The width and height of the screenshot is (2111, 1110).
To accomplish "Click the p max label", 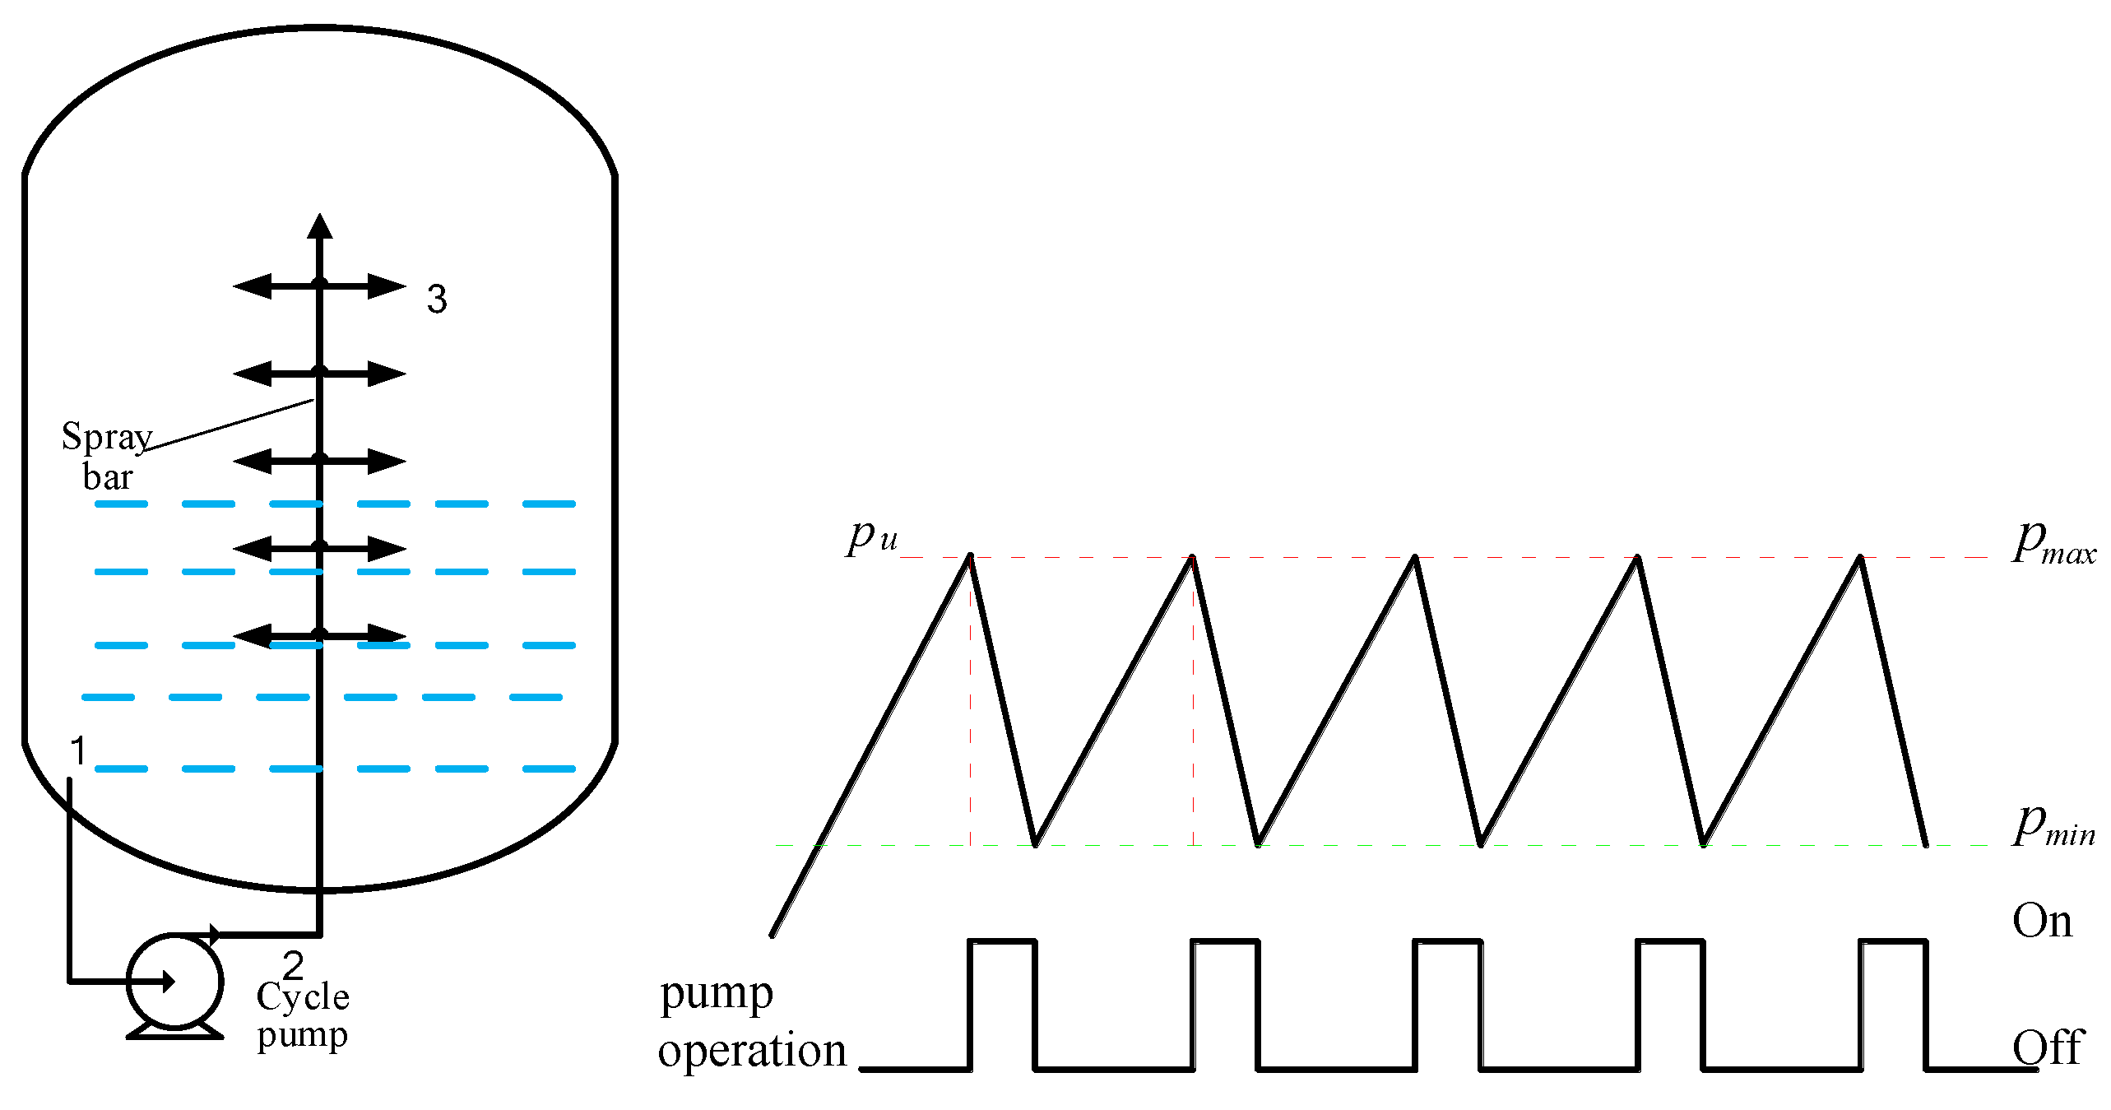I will [x=2053, y=545].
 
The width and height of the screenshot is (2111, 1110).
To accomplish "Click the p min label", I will [x=2053, y=826].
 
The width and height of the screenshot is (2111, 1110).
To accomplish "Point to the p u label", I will [x=873, y=537].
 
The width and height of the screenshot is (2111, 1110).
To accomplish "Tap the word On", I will [x=2042, y=921].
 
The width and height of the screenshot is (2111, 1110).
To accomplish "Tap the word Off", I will [x=2048, y=1047].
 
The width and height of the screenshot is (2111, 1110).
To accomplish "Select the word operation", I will [x=752, y=1052].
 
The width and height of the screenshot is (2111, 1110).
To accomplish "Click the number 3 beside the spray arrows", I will [x=437, y=299].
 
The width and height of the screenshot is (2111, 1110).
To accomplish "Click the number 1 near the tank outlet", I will [x=78, y=750].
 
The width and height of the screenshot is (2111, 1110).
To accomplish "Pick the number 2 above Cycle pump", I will [x=293, y=964].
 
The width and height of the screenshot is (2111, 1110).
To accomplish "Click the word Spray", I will [x=107, y=437].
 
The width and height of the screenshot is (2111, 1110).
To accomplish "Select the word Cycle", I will [x=303, y=996].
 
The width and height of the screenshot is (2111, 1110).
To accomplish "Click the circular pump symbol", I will [x=174, y=981].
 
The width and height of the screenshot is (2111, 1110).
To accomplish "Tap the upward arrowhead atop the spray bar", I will [x=319, y=226].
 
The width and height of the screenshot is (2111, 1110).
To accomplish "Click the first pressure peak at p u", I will [x=970, y=558].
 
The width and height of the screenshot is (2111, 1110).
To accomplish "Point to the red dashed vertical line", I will [x=1193, y=699].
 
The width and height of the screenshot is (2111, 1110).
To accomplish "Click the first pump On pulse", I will [x=1002, y=941].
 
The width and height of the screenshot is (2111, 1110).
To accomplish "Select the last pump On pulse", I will [x=1892, y=941].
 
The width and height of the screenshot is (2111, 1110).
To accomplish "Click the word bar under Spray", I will [x=108, y=477].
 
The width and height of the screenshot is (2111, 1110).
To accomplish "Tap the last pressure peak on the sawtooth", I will [x=1860, y=558].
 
